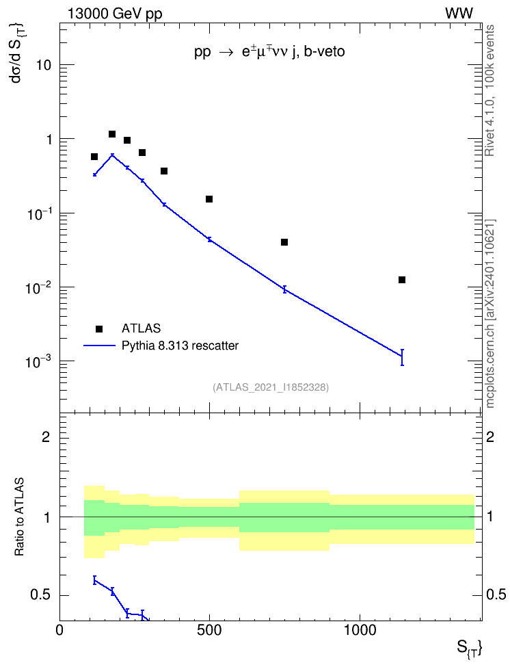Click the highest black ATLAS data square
click(112, 134)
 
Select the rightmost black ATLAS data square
click(402, 280)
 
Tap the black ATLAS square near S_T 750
click(284, 242)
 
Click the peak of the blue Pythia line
click(112, 155)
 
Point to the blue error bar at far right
click(402, 357)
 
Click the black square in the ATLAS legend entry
click(99, 328)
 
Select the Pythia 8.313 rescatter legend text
click(180, 345)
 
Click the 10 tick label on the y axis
click(43, 65)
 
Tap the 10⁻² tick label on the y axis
click(38, 287)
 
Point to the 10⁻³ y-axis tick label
click(38, 361)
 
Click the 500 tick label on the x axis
click(209, 630)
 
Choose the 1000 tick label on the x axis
click(360, 630)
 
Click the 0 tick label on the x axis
click(59, 630)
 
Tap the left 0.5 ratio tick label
click(40, 595)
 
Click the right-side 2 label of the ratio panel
click(490, 436)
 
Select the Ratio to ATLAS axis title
click(19, 517)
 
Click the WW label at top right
click(459, 14)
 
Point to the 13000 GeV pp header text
click(115, 14)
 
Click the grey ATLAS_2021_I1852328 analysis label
click(271, 387)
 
